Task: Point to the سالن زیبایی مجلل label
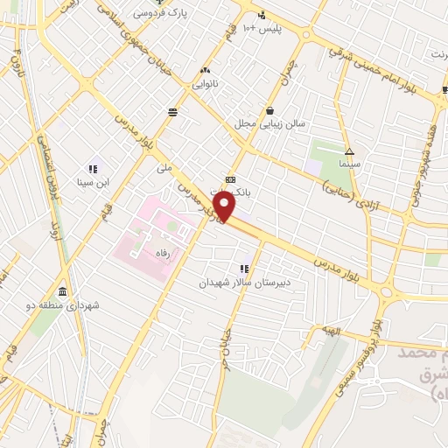pyautogui.click(x=269, y=123)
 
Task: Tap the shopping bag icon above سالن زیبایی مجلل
pyautogui.click(x=269, y=110)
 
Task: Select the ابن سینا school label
pyautogui.click(x=94, y=182)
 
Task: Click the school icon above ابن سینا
pyautogui.click(x=93, y=169)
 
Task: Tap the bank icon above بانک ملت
pyautogui.click(x=230, y=179)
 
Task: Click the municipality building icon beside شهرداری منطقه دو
pyautogui.click(x=63, y=291)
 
